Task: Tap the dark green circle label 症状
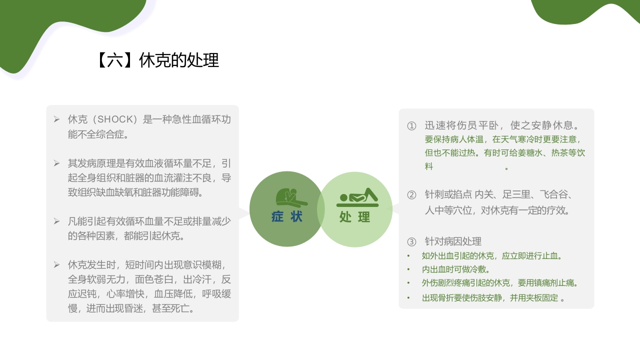[287, 216]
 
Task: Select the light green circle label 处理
[355, 217]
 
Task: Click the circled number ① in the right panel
[411, 125]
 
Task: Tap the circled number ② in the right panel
[411, 195]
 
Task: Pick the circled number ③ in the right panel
[411, 242]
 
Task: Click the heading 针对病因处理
[453, 242]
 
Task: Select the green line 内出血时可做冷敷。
[456, 269]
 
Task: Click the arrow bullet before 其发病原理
[56, 163]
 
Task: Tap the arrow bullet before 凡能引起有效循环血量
[56, 221]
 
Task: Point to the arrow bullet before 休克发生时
[56, 264]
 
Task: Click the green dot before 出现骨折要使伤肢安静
[408, 298]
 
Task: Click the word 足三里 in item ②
[516, 195]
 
